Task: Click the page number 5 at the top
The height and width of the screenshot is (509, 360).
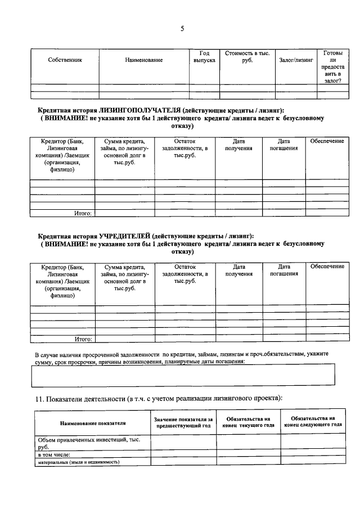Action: coord(182,29)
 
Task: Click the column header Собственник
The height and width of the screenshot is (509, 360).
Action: coord(65,60)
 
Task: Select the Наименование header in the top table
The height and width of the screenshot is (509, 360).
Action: coord(144,60)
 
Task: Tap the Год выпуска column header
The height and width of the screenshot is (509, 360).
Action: coord(204,56)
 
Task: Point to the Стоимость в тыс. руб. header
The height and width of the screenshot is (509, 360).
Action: coord(247,56)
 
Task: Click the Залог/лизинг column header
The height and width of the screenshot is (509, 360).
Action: coord(295,60)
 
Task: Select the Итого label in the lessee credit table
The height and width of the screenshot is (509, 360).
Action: coord(83,213)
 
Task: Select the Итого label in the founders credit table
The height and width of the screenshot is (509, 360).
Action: coord(83,339)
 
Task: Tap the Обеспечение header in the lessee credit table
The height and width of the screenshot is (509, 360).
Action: coord(327,141)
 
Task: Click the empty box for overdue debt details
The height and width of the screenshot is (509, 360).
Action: coord(182,375)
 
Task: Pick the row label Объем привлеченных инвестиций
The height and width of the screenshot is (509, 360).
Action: coord(84,443)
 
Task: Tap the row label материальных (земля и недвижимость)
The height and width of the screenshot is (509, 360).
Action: coord(79,462)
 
